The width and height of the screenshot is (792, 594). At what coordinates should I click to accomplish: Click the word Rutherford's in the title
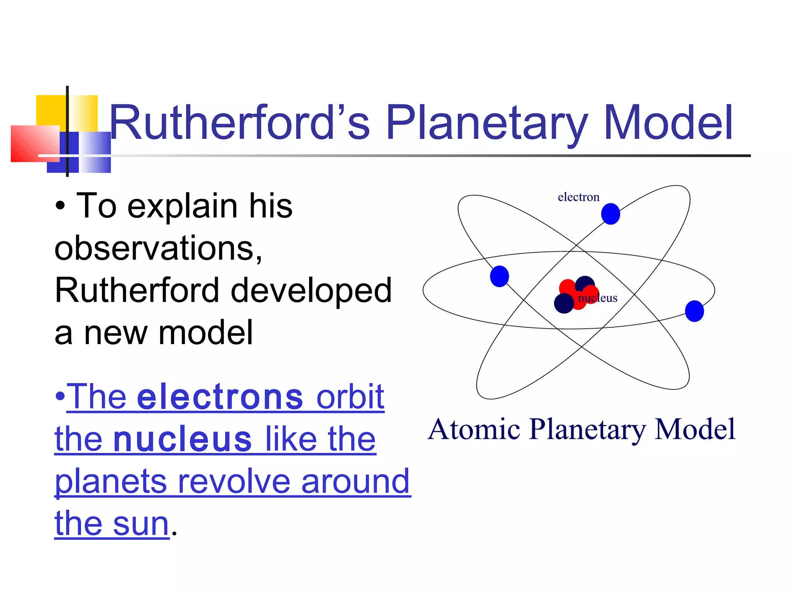[x=240, y=123]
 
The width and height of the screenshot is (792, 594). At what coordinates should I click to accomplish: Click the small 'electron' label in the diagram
[x=578, y=197]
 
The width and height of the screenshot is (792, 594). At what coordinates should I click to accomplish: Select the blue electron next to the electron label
[x=610, y=214]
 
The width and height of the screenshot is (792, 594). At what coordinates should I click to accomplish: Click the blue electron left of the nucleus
[x=499, y=276]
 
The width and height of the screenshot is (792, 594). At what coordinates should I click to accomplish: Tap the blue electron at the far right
[x=694, y=311]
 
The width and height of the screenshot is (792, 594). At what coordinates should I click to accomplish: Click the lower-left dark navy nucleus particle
[x=563, y=303]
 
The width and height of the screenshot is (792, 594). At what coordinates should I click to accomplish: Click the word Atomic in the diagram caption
[x=474, y=430]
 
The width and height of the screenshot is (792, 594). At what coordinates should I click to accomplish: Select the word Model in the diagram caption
[x=695, y=430]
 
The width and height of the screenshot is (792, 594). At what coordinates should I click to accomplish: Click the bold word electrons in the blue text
[x=220, y=397]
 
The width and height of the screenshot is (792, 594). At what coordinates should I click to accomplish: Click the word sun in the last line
[x=141, y=524]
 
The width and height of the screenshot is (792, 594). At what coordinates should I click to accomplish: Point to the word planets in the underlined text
[x=111, y=482]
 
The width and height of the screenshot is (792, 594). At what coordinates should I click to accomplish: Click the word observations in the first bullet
[x=158, y=248]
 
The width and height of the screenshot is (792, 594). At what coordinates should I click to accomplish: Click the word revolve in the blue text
[x=234, y=482]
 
